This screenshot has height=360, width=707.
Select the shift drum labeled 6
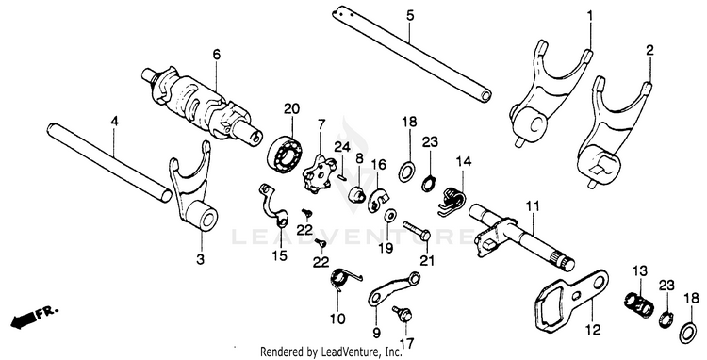coord(202,105)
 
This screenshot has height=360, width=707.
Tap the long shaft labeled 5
coord(412,52)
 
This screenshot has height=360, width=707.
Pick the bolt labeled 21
coord(415,230)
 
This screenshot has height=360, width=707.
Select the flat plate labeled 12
coord(570,299)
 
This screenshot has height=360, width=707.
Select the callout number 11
coord(533,207)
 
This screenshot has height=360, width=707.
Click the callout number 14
coord(463,161)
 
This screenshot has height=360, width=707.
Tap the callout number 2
coord(649,51)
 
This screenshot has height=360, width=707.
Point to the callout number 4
coord(114,121)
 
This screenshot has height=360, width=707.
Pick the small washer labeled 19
coord(388,216)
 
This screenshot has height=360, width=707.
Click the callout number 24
coord(342,146)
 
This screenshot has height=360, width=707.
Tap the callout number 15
coord(280,256)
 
